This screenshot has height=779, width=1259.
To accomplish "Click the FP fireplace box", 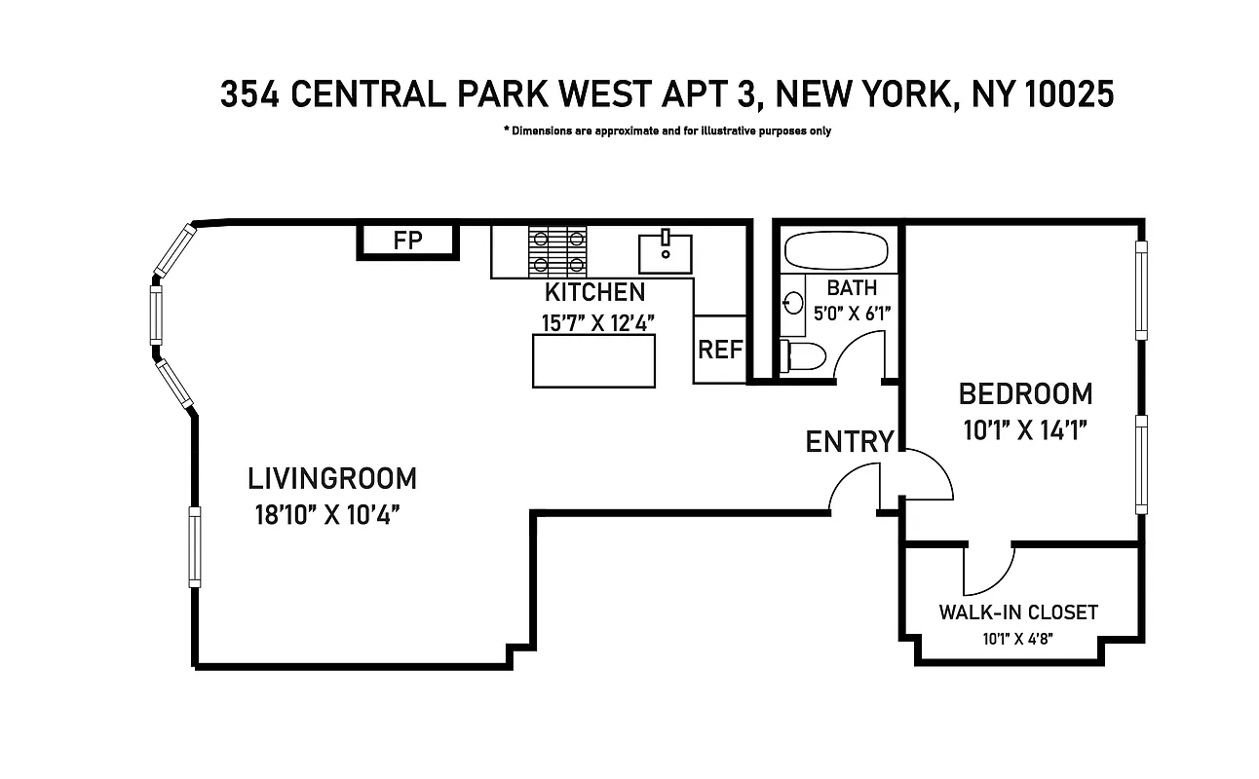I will click(407, 241).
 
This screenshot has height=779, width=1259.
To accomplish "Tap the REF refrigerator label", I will click(720, 350).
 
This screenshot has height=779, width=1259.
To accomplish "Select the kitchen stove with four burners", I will click(558, 250).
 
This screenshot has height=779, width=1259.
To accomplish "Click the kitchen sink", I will click(666, 253).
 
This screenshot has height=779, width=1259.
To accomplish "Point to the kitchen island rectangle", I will click(593, 360).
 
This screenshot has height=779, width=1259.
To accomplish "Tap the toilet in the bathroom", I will click(804, 357).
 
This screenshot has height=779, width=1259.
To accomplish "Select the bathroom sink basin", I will click(791, 303).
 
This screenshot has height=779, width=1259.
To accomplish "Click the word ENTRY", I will click(849, 442).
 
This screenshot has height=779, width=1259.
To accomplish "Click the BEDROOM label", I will click(1025, 394).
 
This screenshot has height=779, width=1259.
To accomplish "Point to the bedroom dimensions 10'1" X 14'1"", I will click(1025, 429).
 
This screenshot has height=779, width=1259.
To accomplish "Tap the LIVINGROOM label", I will click(331, 479).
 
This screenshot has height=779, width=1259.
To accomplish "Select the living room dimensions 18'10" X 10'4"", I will click(328, 515).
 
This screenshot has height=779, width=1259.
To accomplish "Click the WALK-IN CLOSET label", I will click(1017, 612).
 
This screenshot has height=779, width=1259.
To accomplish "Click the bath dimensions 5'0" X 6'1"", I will click(853, 314).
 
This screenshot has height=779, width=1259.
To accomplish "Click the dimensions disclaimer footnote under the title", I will click(667, 130).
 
